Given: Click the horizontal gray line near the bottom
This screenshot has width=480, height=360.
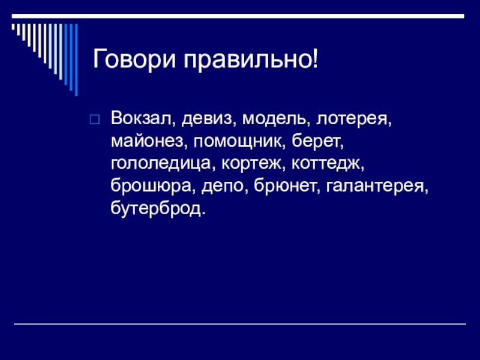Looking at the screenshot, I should tap(240, 324).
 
